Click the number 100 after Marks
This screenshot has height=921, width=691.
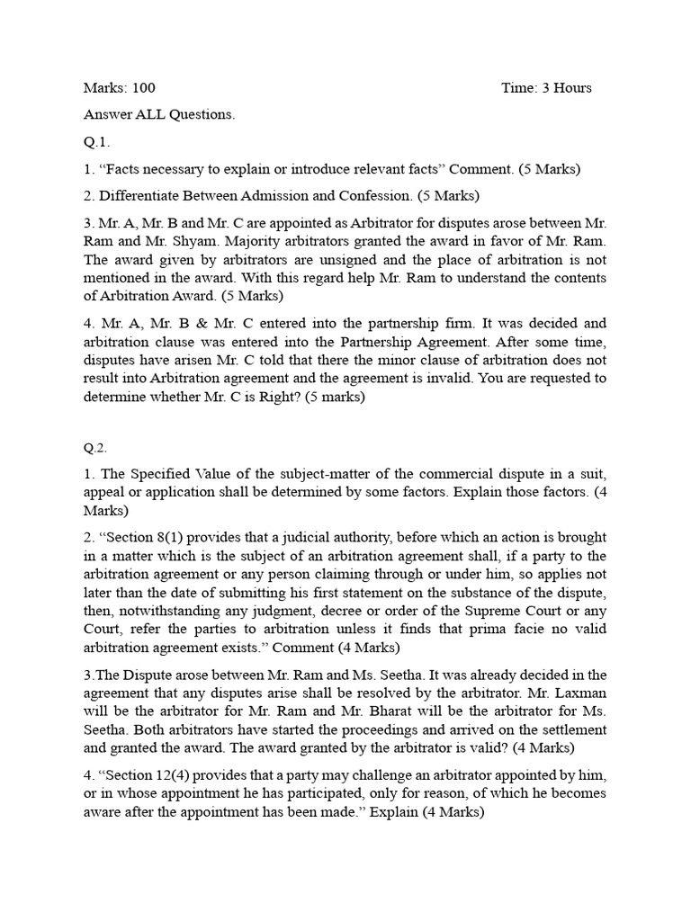click(144, 88)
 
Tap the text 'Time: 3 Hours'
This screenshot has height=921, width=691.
click(546, 88)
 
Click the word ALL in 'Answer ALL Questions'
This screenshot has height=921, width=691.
click(150, 115)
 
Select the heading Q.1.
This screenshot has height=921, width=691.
click(96, 142)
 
